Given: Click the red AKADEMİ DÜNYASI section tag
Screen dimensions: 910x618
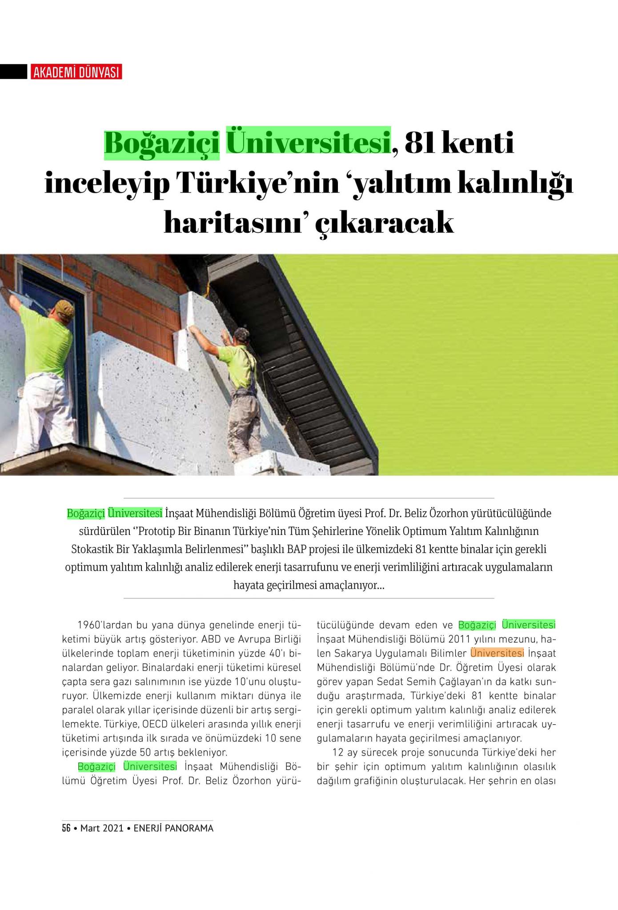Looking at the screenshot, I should point(76,72).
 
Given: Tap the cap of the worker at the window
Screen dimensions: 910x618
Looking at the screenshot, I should point(65,306).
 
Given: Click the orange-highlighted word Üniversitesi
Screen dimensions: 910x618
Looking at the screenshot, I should point(497,653).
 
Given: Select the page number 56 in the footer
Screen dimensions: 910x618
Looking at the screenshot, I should point(66,828).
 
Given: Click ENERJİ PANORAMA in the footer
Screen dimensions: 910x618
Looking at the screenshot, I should point(173,828).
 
